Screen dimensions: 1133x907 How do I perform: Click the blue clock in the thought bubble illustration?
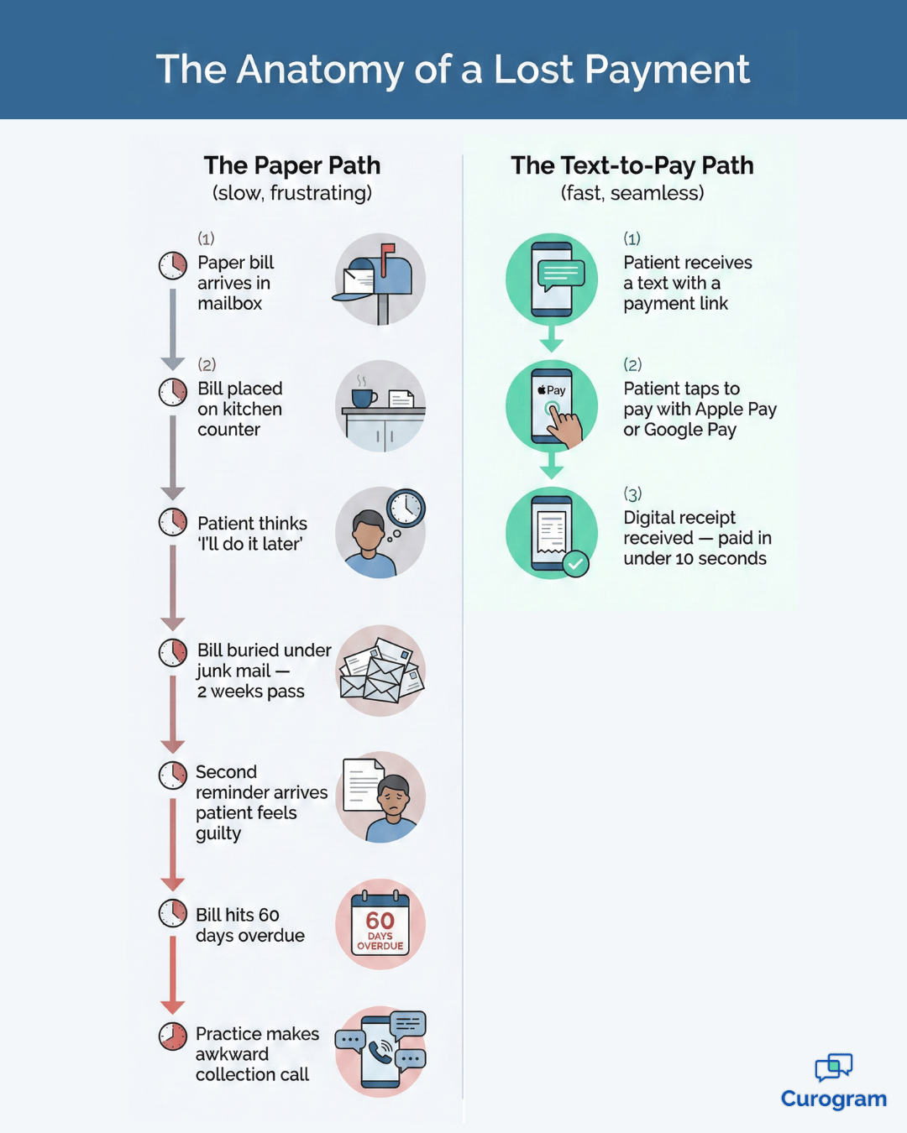tap(406, 508)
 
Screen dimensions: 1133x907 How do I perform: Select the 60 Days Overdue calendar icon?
tap(380, 924)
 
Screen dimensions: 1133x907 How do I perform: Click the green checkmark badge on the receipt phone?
tap(575, 564)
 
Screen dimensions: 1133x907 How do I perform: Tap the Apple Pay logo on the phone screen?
tap(552, 390)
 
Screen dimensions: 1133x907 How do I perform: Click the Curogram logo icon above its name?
tap(833, 1068)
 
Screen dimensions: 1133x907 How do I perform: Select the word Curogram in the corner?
tap(833, 1099)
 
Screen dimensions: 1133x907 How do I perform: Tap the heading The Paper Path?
tap(292, 165)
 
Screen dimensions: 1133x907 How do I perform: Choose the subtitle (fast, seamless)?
tap(632, 193)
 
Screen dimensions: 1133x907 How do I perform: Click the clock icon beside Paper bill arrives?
tap(173, 265)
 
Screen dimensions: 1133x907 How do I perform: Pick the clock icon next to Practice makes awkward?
tap(173, 1036)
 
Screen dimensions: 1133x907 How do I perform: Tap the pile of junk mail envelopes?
tap(380, 671)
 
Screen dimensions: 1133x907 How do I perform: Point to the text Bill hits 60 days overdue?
tap(249, 925)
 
